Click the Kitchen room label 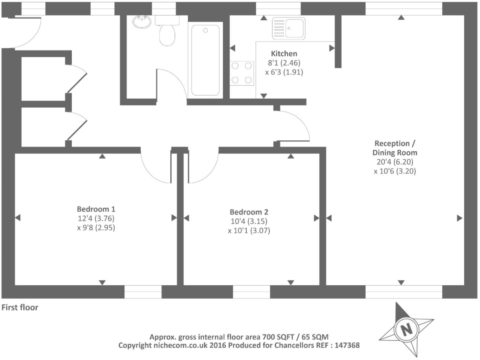284,54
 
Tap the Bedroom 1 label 96,209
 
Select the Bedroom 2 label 249,212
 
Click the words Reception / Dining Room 395,148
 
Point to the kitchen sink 288,28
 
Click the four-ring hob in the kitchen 242,73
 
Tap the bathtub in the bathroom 205,60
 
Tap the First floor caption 20,307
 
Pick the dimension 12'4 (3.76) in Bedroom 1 96,218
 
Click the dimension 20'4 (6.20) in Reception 395,162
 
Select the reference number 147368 347,345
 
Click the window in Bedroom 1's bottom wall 143,292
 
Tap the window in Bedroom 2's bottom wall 251,292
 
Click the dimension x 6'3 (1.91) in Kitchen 284,72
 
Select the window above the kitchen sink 278,8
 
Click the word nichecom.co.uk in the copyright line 180,345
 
